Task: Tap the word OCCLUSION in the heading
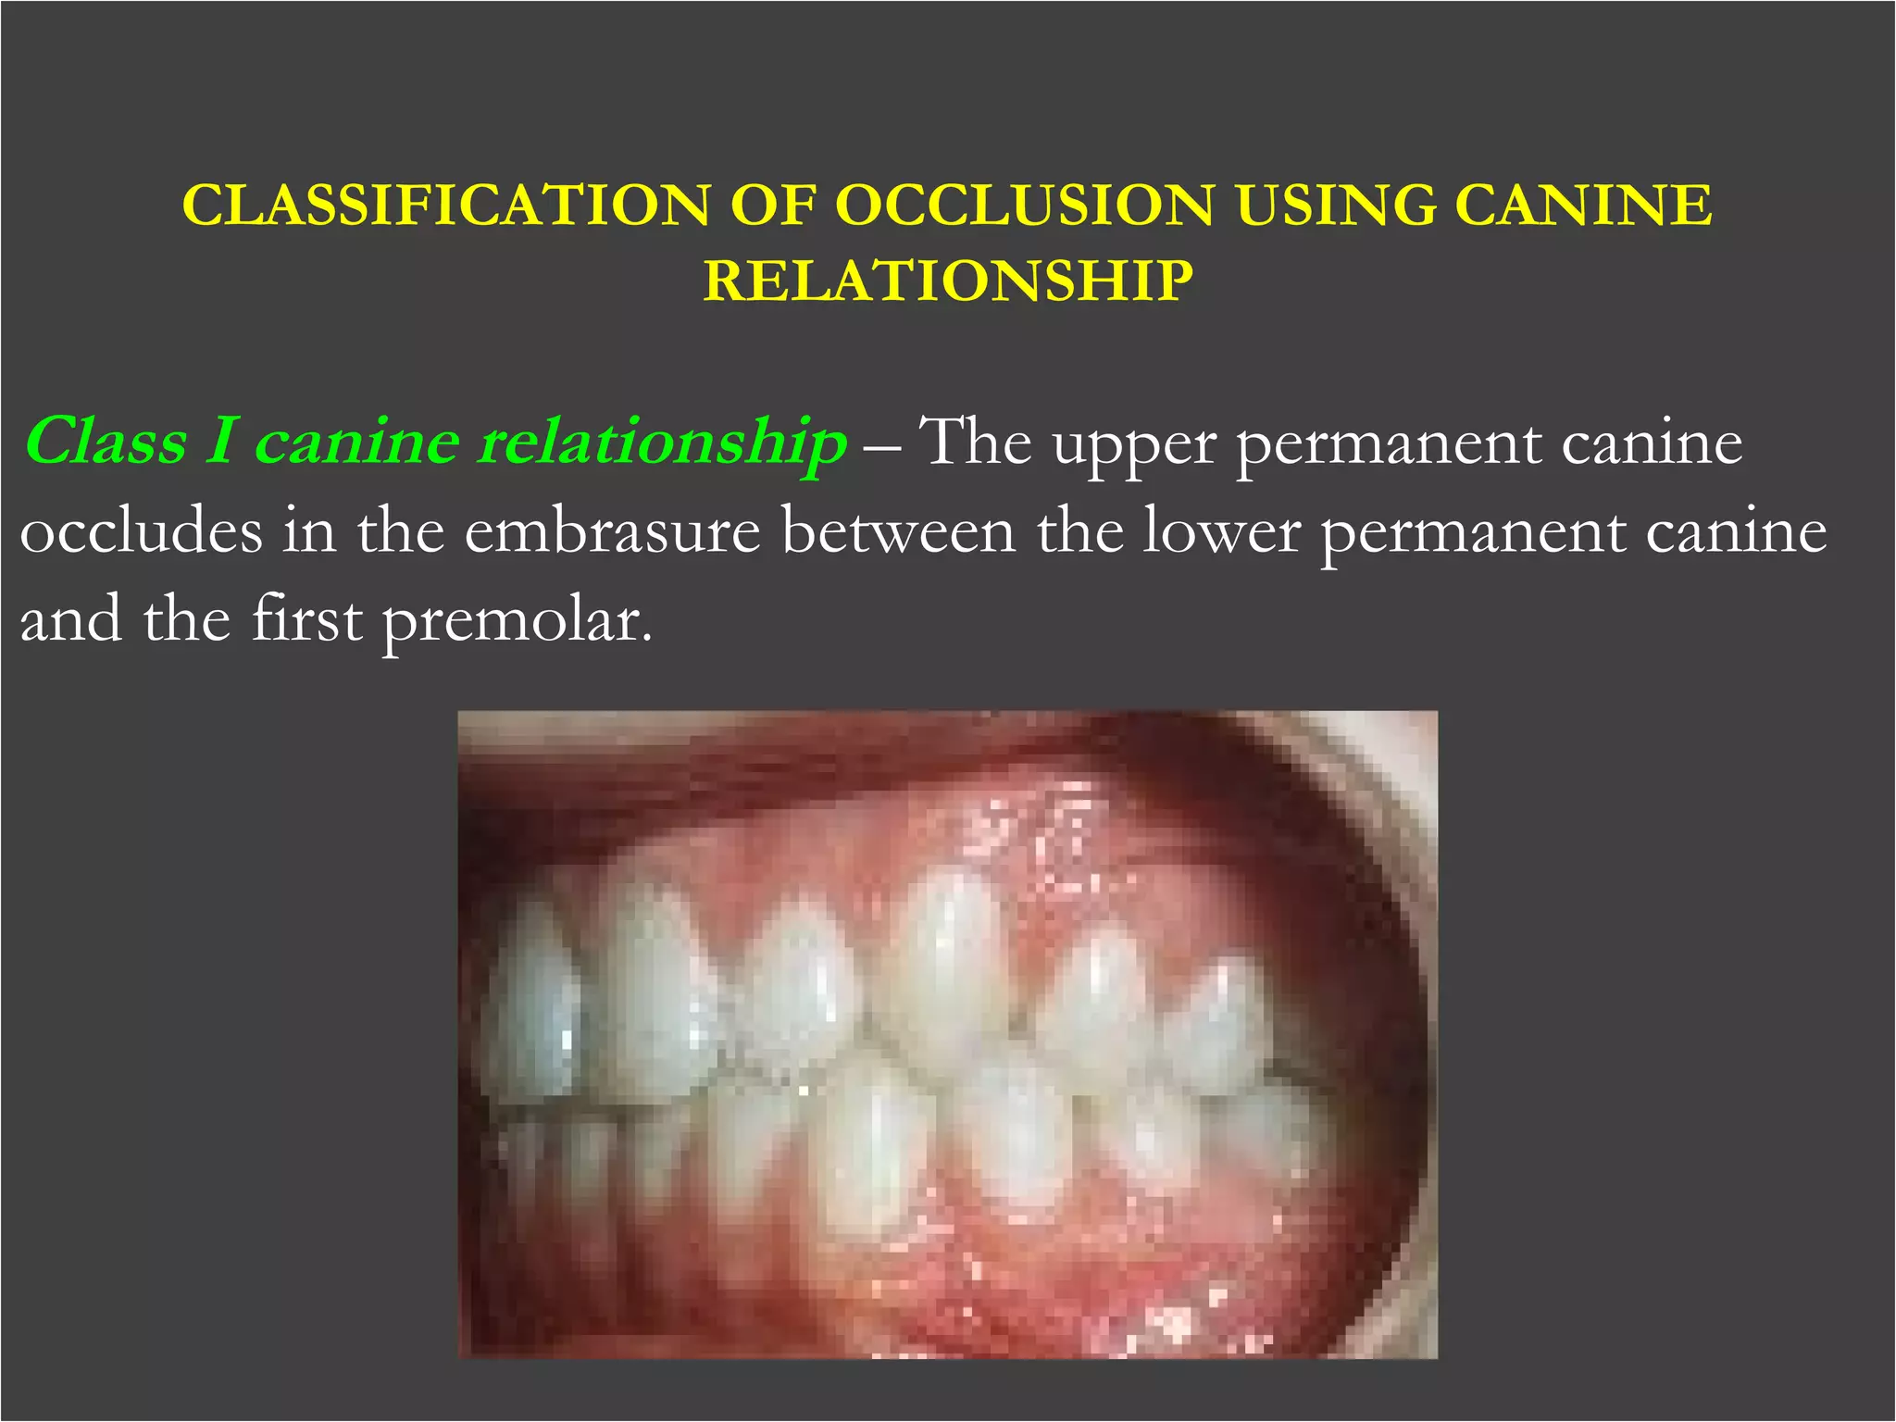click(1024, 205)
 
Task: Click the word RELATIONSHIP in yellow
click(948, 281)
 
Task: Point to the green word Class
click(106, 442)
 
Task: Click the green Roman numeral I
click(220, 442)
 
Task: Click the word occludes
click(141, 532)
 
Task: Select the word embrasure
click(612, 532)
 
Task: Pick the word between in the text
click(897, 532)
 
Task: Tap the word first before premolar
click(306, 619)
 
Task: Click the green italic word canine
click(356, 442)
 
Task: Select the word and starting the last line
click(69, 619)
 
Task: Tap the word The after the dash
click(978, 442)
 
